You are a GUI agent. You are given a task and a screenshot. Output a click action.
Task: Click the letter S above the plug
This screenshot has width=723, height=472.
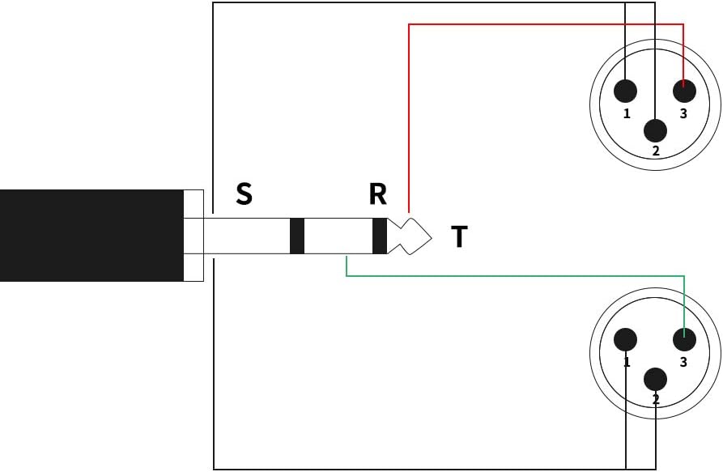244,194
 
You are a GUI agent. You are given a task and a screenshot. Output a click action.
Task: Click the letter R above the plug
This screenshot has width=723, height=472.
377,194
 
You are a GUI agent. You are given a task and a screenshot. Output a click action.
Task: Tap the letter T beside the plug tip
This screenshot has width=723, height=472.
459,237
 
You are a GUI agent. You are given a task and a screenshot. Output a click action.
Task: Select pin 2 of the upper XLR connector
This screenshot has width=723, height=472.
655,130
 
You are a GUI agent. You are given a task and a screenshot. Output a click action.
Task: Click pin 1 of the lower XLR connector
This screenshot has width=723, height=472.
626,340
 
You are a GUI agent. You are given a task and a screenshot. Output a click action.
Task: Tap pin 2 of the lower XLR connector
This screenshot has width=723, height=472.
655,378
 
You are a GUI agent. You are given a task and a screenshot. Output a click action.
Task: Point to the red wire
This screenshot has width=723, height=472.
542,25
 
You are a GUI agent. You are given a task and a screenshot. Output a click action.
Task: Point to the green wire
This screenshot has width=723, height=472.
518,276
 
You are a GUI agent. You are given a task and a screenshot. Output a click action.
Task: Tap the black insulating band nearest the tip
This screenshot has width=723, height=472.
379,236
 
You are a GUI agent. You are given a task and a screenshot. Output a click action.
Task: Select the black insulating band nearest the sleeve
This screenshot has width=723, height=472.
296,236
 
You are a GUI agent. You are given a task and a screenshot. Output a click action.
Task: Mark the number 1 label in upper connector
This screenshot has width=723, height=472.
627,114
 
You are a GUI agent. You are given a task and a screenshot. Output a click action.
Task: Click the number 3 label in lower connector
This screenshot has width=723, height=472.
683,362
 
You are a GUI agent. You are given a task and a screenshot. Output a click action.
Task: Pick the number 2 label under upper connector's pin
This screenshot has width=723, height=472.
656,151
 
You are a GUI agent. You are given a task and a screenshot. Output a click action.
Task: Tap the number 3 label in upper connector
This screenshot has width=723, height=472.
683,114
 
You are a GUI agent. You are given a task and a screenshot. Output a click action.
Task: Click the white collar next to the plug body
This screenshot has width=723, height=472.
194,236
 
